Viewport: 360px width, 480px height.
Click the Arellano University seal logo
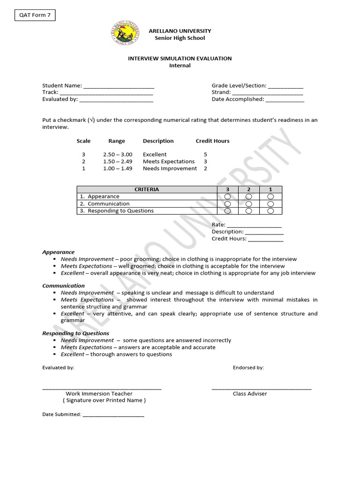click(124, 34)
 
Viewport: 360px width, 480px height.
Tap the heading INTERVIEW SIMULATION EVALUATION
click(180, 59)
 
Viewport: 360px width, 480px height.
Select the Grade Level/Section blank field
click(285, 86)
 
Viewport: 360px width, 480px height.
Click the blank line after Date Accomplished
click(285, 100)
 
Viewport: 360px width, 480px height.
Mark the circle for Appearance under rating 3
click(228, 196)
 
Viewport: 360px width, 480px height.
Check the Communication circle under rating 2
click(249, 204)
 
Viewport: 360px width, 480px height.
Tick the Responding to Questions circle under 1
click(270, 211)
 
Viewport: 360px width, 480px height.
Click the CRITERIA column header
click(147, 189)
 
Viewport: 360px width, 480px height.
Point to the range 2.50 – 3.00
click(118, 155)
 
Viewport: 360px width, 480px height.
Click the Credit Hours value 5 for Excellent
click(205, 155)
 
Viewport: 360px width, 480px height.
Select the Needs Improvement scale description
click(170, 169)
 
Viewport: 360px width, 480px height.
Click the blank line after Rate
click(254, 225)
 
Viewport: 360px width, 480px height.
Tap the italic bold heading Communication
click(64, 285)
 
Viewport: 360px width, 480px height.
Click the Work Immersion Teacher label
click(99, 394)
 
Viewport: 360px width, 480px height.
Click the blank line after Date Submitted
click(113, 415)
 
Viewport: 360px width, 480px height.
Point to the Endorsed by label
click(248, 368)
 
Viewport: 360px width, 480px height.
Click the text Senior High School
click(180, 38)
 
